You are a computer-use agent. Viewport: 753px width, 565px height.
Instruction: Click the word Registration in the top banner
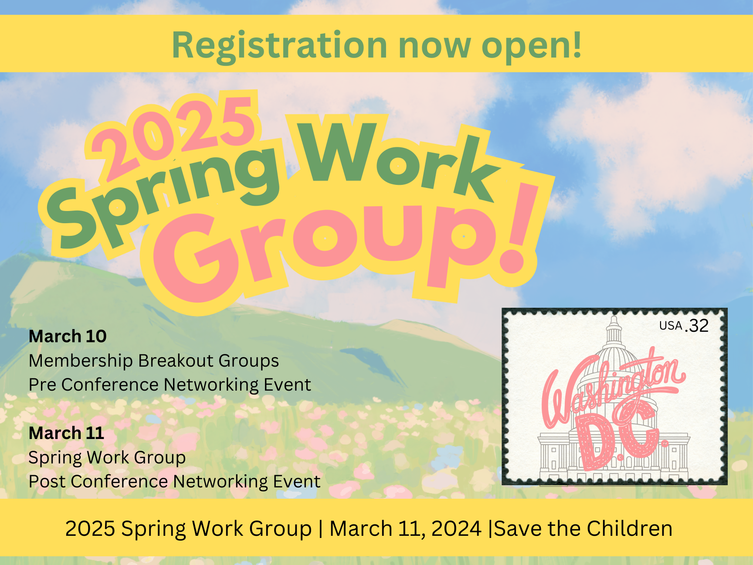[279, 46]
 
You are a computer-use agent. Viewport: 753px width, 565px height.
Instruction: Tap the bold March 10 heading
[68, 336]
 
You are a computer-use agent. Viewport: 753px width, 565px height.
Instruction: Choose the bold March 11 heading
[66, 433]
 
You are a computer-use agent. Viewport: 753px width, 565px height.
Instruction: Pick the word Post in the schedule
[47, 481]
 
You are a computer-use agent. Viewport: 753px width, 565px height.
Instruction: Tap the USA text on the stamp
[671, 326]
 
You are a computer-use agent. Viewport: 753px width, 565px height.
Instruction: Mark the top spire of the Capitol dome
[614, 318]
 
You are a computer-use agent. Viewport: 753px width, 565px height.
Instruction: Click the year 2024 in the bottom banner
[456, 528]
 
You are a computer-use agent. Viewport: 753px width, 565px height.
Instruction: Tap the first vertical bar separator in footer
[321, 529]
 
